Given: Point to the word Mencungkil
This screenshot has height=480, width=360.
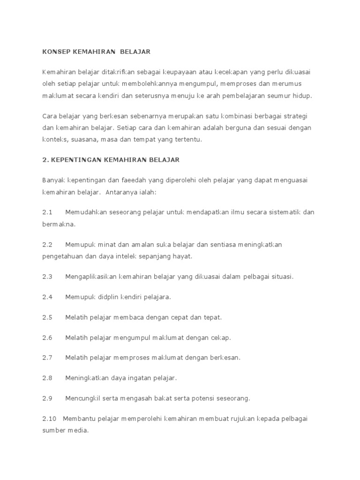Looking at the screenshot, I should pyautogui.click(x=84, y=398).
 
